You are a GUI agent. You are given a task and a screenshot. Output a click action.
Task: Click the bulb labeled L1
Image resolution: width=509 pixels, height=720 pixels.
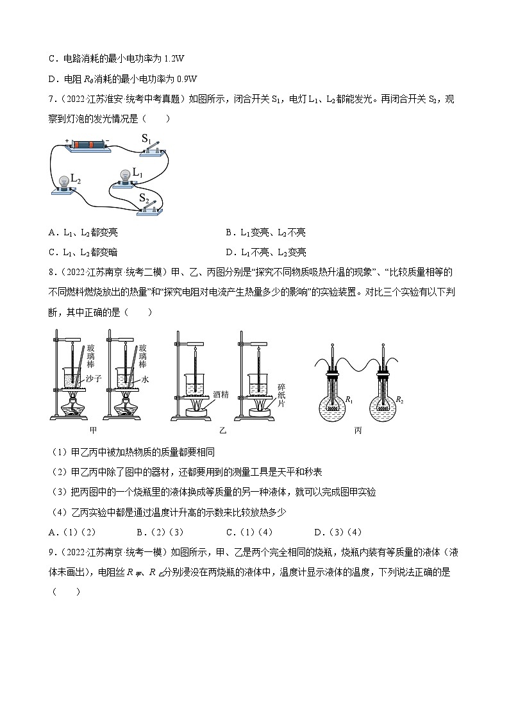(126, 176)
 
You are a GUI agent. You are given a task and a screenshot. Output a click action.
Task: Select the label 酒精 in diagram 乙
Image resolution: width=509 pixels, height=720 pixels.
(221, 395)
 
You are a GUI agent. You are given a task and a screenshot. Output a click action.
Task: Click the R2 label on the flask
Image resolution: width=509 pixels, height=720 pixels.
(401, 400)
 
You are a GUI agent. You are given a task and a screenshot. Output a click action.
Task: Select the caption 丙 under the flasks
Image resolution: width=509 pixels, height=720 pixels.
(358, 430)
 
